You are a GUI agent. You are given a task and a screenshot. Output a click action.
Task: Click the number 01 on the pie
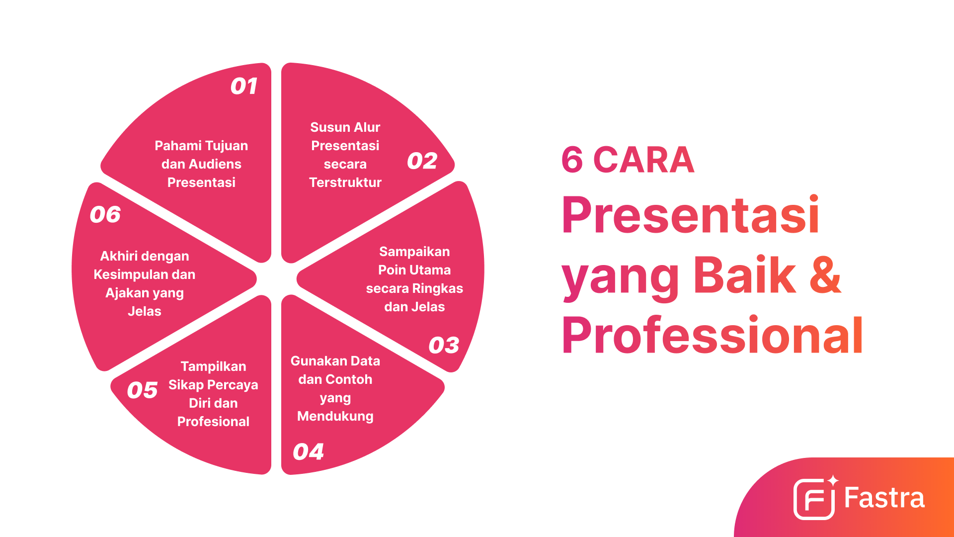tap(243, 87)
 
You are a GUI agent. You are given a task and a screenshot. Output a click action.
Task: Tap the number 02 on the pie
tap(422, 161)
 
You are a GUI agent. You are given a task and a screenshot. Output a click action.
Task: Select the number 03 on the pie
tap(444, 345)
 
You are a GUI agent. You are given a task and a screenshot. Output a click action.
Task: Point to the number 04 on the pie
tap(308, 452)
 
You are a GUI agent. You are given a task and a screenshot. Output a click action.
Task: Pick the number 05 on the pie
tap(142, 390)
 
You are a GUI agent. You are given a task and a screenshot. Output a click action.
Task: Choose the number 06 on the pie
tap(105, 215)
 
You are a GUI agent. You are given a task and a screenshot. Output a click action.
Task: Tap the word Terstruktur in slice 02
tap(345, 182)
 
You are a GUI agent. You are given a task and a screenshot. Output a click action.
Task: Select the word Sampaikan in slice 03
tap(414, 252)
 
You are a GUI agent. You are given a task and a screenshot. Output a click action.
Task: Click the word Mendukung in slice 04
tap(335, 416)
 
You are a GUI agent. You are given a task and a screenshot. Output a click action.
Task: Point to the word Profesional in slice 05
tap(213, 422)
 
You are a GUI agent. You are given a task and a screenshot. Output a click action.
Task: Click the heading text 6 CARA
tap(627, 160)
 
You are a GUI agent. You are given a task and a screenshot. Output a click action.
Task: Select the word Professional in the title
tap(712, 337)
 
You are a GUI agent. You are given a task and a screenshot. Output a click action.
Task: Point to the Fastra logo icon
tap(814, 499)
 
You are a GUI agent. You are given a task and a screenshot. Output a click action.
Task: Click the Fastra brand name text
tap(884, 498)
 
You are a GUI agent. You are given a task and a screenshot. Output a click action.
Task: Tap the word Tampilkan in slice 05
tap(213, 366)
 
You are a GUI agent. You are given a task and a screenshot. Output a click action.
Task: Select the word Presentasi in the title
tap(690, 215)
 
